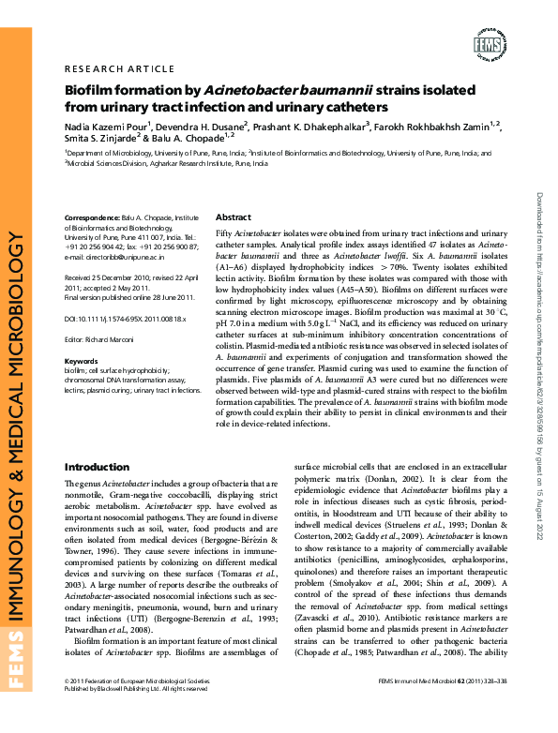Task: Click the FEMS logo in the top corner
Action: [490, 44]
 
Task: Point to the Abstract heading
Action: [234, 217]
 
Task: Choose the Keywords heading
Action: [81, 361]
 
